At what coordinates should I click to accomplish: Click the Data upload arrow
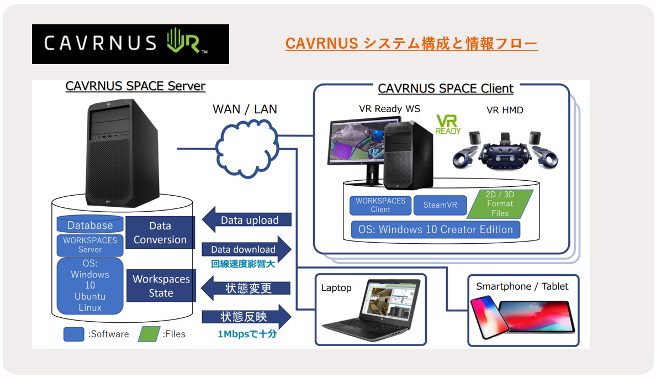click(x=246, y=220)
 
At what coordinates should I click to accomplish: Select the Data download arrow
click(x=246, y=249)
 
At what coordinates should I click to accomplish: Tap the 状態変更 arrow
click(x=246, y=288)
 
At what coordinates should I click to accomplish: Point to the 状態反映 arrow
click(x=246, y=317)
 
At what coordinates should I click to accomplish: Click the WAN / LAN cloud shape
click(x=247, y=148)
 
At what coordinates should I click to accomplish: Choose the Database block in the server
click(x=90, y=224)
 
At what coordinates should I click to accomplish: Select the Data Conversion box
click(x=160, y=233)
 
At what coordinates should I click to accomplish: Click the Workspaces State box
click(x=161, y=286)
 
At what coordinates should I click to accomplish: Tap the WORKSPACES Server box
click(x=90, y=245)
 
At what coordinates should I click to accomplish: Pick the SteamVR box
click(x=440, y=205)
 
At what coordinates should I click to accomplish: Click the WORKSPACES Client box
click(x=380, y=205)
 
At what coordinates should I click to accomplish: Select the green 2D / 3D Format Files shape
click(x=500, y=204)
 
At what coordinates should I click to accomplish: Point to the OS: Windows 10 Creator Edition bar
click(x=436, y=229)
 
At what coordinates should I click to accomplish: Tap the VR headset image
click(x=505, y=151)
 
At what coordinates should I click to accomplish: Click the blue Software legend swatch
click(x=73, y=334)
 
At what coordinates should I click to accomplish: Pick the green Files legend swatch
click(x=149, y=334)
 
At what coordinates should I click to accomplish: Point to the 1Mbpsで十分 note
click(x=247, y=334)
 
